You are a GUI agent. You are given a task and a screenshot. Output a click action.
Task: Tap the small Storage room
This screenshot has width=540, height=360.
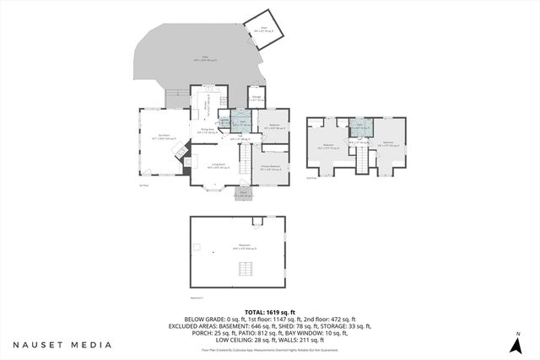256,99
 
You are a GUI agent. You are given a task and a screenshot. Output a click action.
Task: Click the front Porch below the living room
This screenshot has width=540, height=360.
242,193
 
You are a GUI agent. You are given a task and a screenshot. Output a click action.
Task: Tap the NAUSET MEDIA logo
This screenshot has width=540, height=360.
62,345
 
